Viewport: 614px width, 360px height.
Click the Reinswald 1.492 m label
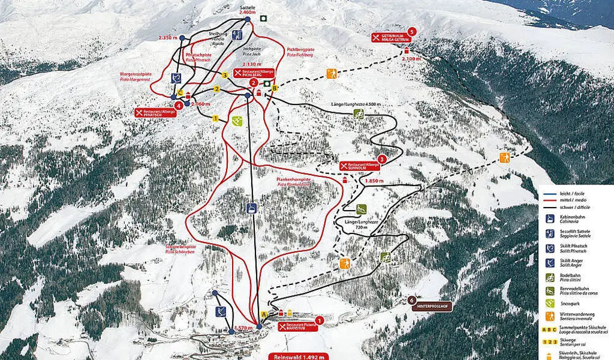[x=298, y=355]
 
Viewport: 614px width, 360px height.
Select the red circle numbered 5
[x=411, y=32]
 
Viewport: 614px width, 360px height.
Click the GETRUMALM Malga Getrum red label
[x=389, y=38]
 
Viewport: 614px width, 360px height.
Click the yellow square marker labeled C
[x=180, y=92]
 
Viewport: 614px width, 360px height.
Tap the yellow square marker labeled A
[x=264, y=314]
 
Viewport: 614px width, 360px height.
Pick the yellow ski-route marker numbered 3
[x=225, y=75]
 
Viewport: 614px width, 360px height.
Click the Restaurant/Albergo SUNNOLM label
[x=359, y=165]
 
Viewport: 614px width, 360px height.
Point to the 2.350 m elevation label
[x=168, y=37]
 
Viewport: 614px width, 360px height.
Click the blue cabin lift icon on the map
[x=252, y=208]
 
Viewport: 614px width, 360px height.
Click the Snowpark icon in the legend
[x=549, y=303]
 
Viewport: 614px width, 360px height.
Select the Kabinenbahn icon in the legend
[x=549, y=219]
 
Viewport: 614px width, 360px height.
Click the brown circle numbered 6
[x=411, y=300]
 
